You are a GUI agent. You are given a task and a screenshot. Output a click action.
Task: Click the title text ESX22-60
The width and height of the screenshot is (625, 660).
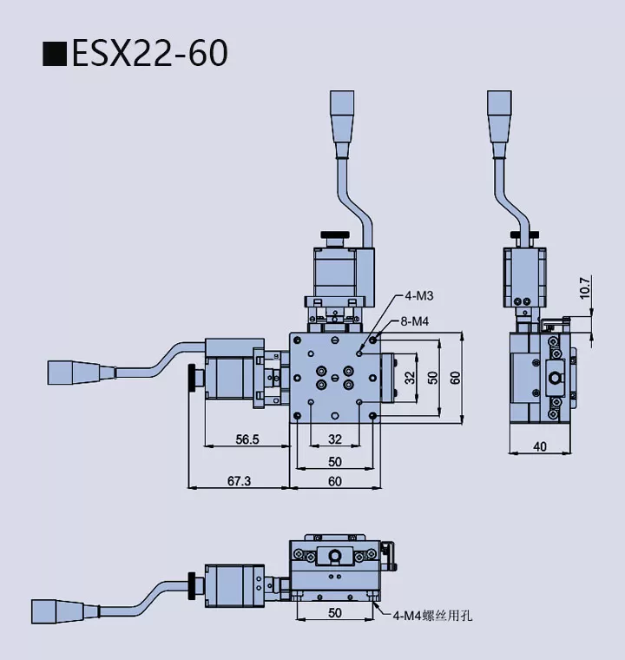[x=148, y=54]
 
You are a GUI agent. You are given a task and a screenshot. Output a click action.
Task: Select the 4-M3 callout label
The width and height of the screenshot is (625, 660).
[x=418, y=296]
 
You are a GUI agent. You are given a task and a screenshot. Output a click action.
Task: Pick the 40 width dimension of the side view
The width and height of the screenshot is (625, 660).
[x=540, y=446]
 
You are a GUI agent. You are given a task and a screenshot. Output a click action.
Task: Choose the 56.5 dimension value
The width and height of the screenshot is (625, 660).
[x=247, y=439]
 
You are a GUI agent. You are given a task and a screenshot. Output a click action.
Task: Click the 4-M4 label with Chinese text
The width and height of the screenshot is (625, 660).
[x=431, y=616]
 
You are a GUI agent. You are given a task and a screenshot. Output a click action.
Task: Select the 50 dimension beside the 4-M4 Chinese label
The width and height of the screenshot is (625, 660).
[x=335, y=612]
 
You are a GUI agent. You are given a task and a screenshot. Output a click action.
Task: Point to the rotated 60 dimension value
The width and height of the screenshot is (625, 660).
[x=455, y=378]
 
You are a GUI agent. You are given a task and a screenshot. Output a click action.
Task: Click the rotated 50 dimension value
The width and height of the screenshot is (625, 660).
[x=432, y=378]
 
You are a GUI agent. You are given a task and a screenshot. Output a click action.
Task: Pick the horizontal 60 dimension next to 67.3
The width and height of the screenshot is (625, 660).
[x=335, y=480]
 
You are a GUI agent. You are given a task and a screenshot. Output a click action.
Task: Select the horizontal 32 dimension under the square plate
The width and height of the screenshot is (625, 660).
[x=335, y=439]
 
